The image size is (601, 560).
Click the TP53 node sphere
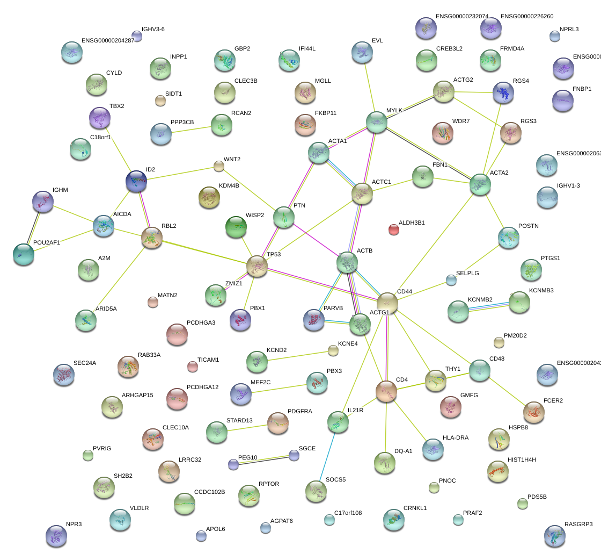257,267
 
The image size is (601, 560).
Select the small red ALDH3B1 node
394,230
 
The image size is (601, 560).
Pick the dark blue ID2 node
136,182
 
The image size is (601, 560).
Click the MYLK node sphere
377,123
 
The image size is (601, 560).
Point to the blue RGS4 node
503,92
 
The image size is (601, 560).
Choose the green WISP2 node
236,227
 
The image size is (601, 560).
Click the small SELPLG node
451,280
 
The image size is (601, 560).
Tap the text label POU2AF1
47,242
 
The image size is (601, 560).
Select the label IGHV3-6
153,30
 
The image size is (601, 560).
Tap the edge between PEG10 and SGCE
263,460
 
